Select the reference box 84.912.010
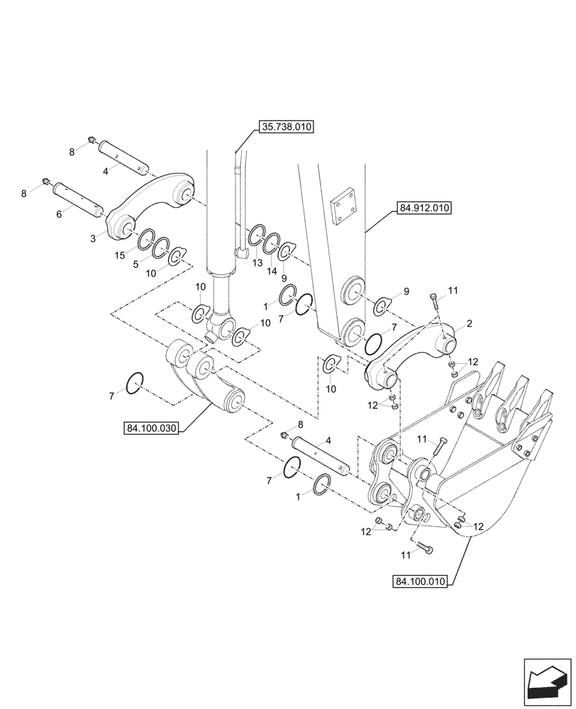tap(423, 208)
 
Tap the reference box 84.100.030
tap(152, 428)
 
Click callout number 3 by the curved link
tap(93, 240)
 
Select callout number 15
tap(121, 254)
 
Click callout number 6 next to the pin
tap(60, 212)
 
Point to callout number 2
tap(468, 323)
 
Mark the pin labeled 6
tap(77, 199)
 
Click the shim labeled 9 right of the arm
tap(381, 304)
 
